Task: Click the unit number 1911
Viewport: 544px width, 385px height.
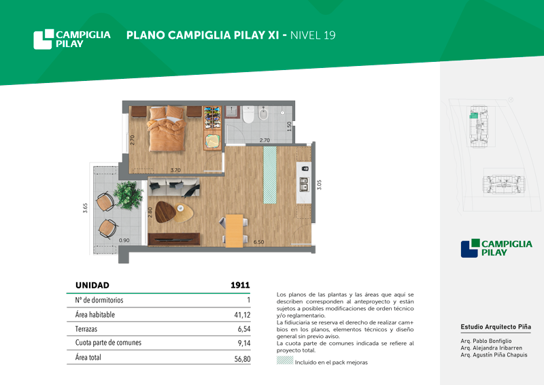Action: tap(240, 285)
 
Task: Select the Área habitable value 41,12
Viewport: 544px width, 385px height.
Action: tap(242, 315)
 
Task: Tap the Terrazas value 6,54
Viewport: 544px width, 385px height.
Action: tap(244, 329)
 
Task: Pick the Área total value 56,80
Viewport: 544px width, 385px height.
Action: tap(242, 358)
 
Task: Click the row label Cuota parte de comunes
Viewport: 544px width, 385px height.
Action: tap(108, 343)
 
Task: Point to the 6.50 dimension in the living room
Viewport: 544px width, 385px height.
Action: tap(258, 242)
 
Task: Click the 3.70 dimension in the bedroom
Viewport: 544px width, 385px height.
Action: tap(175, 170)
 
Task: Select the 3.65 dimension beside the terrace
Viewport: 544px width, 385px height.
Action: tap(85, 208)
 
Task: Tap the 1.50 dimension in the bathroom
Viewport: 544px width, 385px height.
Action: tap(289, 126)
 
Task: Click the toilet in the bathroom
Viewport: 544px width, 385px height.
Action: tap(248, 114)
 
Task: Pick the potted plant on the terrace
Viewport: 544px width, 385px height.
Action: tap(129, 195)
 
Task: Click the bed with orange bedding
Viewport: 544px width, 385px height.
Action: tap(167, 129)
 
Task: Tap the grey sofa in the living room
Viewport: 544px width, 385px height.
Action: tap(174, 187)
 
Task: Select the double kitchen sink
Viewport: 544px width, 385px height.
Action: tap(304, 184)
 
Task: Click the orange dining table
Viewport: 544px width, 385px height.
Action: tap(234, 231)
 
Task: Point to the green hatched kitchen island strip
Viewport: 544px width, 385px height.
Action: tap(270, 175)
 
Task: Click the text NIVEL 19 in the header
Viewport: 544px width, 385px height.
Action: tap(313, 35)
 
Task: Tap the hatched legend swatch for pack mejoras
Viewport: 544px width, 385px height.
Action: tap(285, 361)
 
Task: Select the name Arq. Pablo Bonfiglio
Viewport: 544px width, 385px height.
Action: tap(486, 341)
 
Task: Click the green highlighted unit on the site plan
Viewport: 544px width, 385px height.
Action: tap(473, 116)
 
